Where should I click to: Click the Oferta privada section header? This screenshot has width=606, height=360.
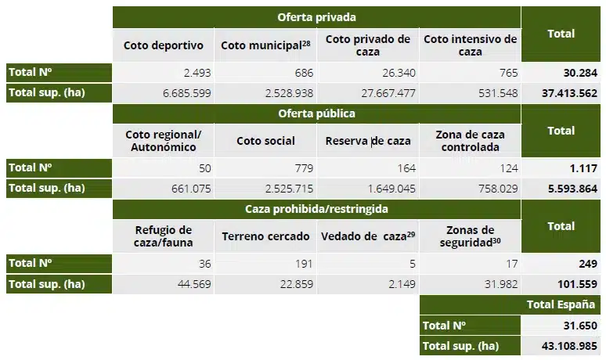tap(316, 16)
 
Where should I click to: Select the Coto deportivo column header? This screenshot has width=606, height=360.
tap(163, 45)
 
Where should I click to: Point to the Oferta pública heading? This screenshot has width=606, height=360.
tap(316, 113)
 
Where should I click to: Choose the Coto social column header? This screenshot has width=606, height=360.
tap(265, 141)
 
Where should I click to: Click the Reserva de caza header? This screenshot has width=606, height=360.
tap(368, 141)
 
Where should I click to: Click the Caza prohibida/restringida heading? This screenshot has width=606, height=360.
tap(316, 209)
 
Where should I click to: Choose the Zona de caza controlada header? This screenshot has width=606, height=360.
tap(470, 141)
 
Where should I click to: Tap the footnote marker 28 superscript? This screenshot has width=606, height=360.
tap(307, 41)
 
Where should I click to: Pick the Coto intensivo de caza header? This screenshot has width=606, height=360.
tap(470, 45)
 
